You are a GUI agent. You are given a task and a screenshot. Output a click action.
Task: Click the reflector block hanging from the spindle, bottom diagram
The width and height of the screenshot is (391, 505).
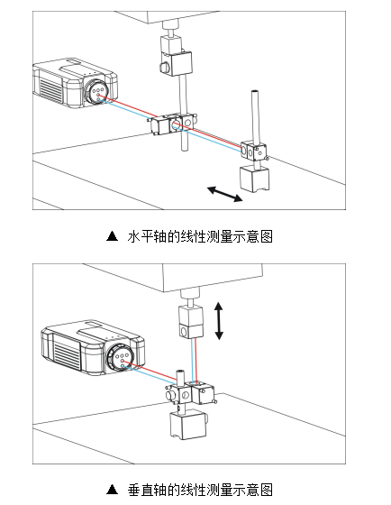pyautogui.click(x=189, y=320)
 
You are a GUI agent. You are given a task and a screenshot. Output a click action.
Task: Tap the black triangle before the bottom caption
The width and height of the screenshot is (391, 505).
pyautogui.click(x=112, y=490)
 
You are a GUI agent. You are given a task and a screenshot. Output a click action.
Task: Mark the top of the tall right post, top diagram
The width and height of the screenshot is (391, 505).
pyautogui.click(x=256, y=93)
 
